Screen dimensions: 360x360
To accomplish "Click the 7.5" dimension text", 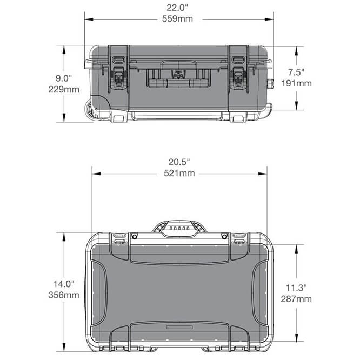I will tap(297, 72).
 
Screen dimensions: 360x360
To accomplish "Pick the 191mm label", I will tap(297, 83).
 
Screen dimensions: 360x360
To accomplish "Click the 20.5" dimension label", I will tap(179, 162).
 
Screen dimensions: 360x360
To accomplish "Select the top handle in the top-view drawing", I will tap(178, 228).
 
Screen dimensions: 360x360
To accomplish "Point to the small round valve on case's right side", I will tap(271, 83).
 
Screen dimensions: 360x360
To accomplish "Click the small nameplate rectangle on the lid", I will tap(179, 328).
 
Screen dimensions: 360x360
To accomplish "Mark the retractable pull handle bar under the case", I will tap(177, 115).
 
